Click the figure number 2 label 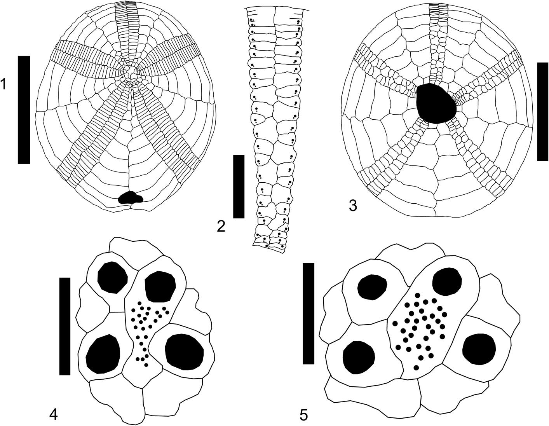point(221,226)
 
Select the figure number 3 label point(353,206)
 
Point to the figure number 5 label point(304,415)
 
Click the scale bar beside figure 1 point(24,110)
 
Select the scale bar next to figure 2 point(239,186)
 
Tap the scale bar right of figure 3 point(542,111)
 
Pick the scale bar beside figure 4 point(64,326)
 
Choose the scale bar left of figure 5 point(308,313)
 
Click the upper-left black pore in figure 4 point(113,277)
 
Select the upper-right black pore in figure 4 point(160,286)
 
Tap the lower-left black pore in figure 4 point(103,354)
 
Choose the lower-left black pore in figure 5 point(359,356)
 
